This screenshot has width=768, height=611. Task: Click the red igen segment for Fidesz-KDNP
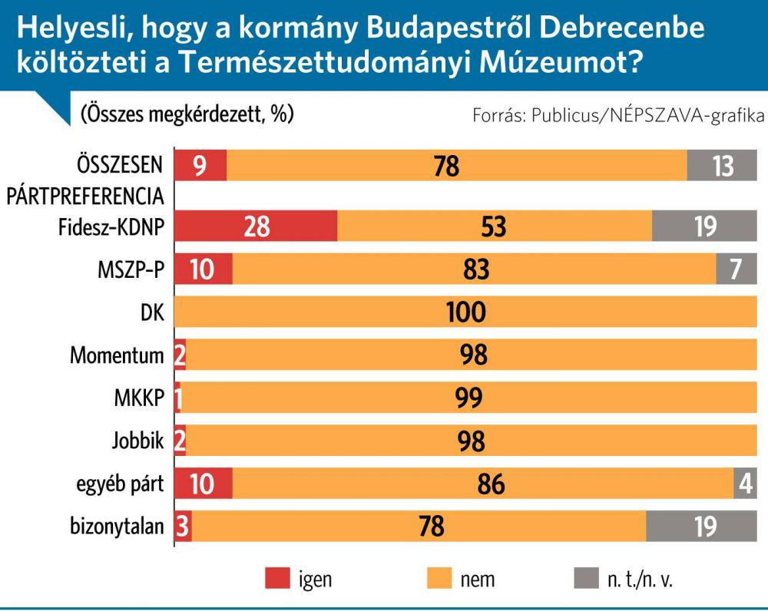(x=257, y=227)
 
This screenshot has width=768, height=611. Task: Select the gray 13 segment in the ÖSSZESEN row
(x=722, y=166)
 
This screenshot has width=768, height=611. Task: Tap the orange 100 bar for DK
(x=466, y=312)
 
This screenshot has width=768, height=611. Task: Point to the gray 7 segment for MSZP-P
(x=736, y=270)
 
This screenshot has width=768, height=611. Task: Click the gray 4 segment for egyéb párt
(x=745, y=484)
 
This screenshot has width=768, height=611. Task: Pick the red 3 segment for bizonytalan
(x=184, y=526)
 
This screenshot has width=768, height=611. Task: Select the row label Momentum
(x=117, y=355)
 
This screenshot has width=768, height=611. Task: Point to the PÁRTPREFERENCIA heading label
(x=86, y=196)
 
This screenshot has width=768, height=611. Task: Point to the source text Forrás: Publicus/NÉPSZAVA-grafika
(x=619, y=116)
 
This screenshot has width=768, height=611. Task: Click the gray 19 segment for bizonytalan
(x=701, y=526)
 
